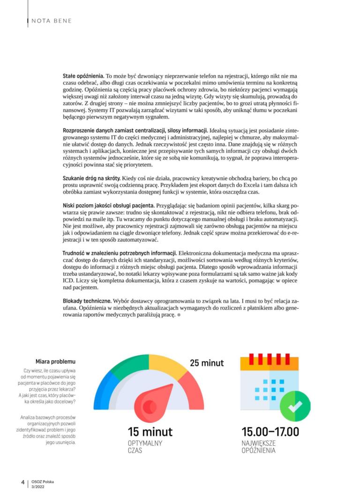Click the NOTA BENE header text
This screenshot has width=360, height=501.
click(x=52, y=21)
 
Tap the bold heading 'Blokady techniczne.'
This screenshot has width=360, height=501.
click(x=87, y=300)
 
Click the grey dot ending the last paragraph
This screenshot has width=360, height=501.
click(x=179, y=315)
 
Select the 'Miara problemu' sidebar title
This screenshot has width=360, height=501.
click(x=55, y=362)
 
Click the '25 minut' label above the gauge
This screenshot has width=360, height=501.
click(x=207, y=363)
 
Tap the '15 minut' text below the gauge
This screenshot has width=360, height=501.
click(x=150, y=431)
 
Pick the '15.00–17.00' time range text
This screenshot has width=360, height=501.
click(x=270, y=431)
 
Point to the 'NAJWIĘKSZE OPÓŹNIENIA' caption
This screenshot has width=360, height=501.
click(x=259, y=447)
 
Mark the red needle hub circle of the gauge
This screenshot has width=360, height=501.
click(x=150, y=406)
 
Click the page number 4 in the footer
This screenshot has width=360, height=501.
click(x=22, y=483)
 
